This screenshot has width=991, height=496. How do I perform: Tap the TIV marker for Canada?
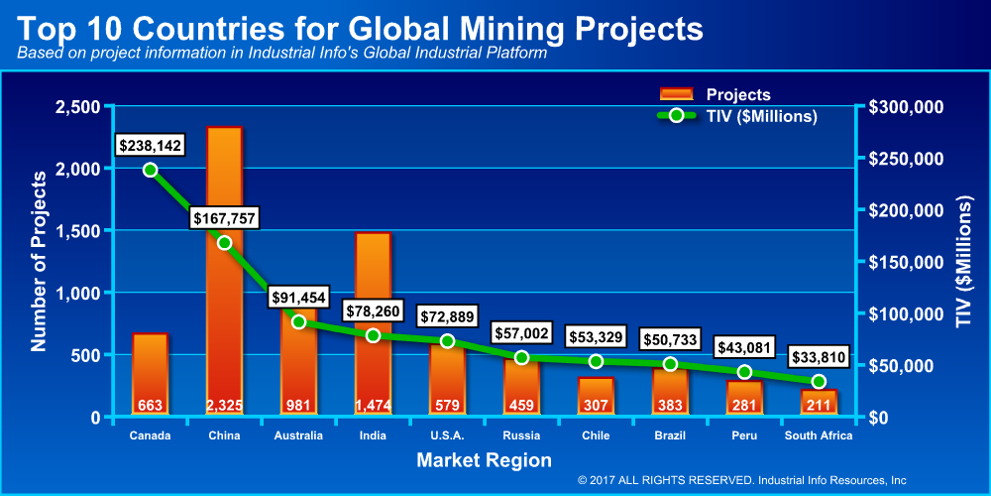point(150,170)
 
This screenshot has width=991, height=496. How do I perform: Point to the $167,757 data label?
point(224,217)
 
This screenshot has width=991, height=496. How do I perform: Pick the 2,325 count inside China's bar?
point(224,405)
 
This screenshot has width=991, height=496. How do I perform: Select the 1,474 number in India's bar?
point(373,405)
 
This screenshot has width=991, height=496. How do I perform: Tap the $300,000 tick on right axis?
point(906,107)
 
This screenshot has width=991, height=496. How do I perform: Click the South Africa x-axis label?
point(819,435)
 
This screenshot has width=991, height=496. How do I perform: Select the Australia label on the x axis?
point(298,435)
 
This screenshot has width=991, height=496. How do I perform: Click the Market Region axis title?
point(484,460)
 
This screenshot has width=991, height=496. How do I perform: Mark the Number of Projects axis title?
point(40,262)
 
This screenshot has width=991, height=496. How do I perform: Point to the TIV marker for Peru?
point(744,372)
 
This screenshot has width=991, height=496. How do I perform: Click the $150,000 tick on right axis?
point(906,262)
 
